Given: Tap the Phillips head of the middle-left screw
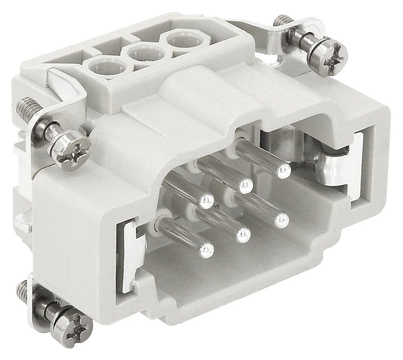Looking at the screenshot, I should [74, 149].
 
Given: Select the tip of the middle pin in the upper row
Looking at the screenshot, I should [245, 185].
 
